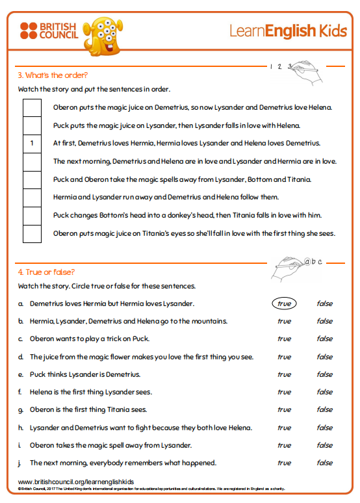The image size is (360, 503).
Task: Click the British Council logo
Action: coord(49,31)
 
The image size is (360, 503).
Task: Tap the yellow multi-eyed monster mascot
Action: coord(103,36)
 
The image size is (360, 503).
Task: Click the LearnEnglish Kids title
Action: coord(288,31)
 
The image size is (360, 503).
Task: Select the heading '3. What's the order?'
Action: coord(53,75)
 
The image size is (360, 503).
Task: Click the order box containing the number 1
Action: coord(32,144)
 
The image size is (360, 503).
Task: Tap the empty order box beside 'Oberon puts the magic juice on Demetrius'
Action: coord(32,108)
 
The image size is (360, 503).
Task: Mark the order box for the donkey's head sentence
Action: coord(32,216)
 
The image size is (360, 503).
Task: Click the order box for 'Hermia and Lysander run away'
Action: coord(32,198)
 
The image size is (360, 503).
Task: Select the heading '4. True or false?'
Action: coord(46,272)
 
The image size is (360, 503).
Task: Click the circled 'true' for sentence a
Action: coord(284,303)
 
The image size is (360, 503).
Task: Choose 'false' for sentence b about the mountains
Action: coord(325,321)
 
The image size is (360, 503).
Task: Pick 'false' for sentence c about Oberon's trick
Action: coord(325,339)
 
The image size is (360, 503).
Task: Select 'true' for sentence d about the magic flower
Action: coord(284,357)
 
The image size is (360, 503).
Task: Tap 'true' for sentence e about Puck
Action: coord(284,374)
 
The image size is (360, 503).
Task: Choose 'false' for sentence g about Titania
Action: coord(325,409)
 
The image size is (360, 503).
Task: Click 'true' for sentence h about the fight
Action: coord(284,428)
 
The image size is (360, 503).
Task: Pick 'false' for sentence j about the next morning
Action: coord(325,463)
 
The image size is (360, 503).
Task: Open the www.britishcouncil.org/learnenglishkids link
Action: coord(76,482)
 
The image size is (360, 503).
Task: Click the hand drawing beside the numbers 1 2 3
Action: coord(305,72)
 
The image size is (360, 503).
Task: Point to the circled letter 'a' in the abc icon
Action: coord(307,262)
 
